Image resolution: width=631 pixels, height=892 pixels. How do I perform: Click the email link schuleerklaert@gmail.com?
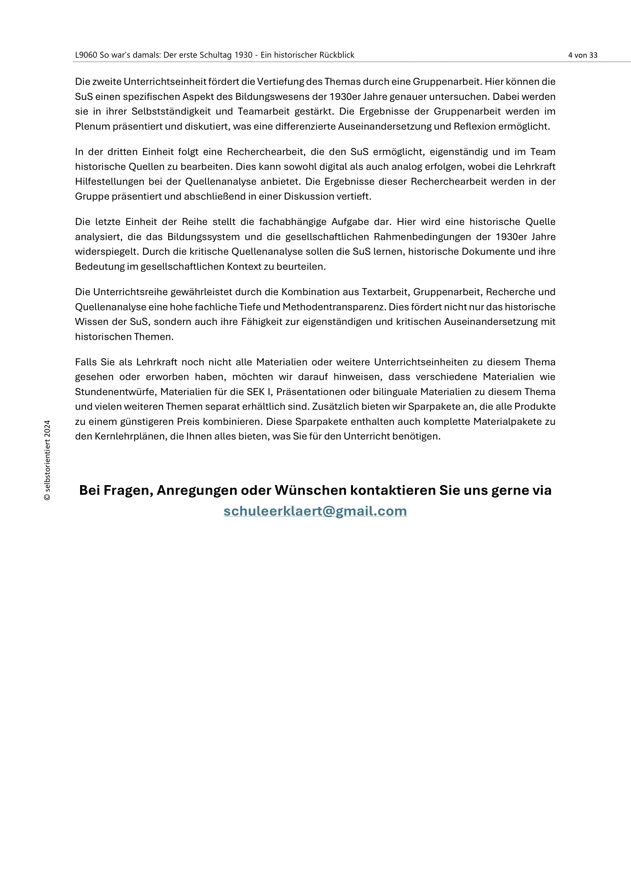[315, 511]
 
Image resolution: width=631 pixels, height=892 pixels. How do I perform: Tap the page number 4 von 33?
[583, 55]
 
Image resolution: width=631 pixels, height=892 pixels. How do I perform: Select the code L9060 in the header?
[86, 55]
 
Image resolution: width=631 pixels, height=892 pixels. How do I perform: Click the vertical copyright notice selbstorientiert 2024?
[47, 460]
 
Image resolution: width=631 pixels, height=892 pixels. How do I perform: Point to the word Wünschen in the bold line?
[311, 490]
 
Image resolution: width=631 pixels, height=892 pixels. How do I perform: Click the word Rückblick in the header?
[336, 55]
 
